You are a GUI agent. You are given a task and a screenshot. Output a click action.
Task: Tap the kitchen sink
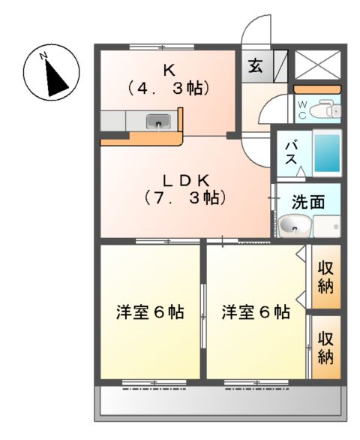coord(160,120)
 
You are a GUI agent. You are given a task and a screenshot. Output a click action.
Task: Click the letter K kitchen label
coord(169,70)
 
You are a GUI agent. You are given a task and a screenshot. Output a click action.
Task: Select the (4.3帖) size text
coord(169,87)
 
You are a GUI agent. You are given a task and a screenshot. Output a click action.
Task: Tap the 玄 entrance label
coord(256,66)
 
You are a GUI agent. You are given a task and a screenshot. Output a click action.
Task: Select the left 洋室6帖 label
coord(150,312)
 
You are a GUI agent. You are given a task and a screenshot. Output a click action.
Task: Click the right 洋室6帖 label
coord(256,312)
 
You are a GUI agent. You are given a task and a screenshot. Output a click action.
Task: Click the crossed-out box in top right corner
coord(317,64)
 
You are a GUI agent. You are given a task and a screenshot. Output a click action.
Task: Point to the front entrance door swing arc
coord(255,32)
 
